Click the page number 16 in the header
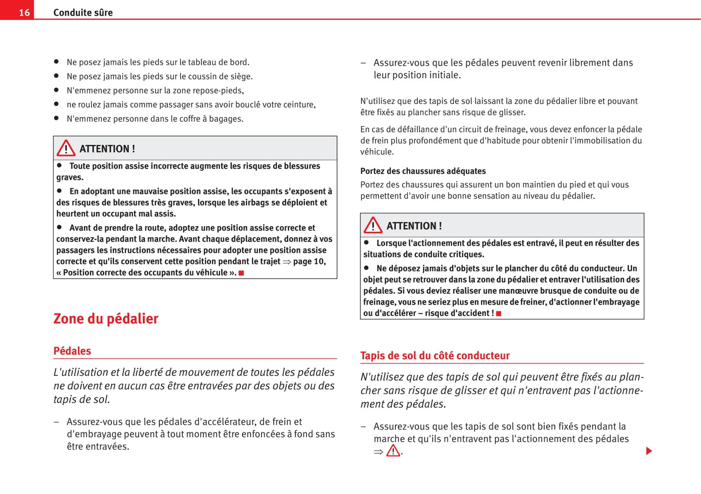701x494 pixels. point(24,13)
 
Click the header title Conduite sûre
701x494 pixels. point(83,13)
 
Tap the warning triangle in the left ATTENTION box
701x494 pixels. point(66,148)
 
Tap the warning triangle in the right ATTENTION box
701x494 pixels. point(373,225)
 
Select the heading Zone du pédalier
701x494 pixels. point(106,319)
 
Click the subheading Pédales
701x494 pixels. point(72,351)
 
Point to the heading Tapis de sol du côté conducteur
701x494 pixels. point(435,355)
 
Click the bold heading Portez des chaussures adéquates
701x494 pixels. point(423,171)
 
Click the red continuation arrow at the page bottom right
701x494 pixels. point(649,451)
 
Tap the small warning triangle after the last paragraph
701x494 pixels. point(393,451)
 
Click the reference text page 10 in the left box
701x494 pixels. point(309,261)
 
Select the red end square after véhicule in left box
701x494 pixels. point(241,273)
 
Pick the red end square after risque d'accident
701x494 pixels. point(499,314)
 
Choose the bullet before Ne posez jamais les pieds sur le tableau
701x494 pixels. point(56,62)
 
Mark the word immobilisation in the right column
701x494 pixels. point(595,141)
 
